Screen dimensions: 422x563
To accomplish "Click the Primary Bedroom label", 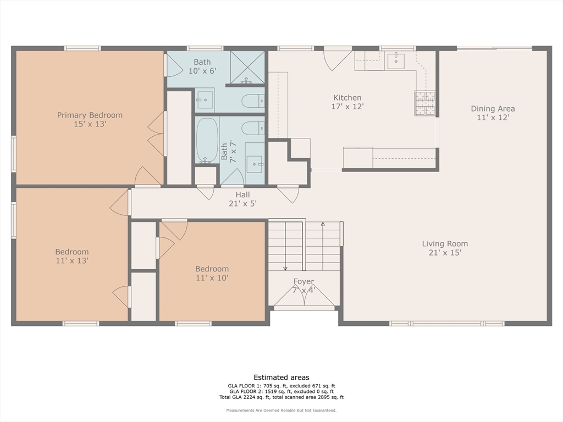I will pos(90,120).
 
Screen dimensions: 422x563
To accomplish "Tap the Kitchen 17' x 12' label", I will pos(347,102).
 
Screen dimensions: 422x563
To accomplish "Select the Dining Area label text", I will pos(493,113).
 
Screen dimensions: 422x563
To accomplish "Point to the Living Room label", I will pos(445,248).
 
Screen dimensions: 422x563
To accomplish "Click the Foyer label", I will pos(303,285).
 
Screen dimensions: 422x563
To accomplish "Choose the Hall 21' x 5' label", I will pos(242,199).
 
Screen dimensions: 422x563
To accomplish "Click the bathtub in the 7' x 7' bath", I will pos(207,140).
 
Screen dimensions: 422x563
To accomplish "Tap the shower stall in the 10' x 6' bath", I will pos(247,67).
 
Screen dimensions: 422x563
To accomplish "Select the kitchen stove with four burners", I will pos(424,103).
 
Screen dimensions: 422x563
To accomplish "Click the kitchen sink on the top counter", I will pos(396,61).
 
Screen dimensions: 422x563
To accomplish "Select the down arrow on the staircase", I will pos(285,267).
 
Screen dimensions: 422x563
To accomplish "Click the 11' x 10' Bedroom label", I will pos(212,273).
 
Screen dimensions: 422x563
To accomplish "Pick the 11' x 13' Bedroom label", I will pos(71,256).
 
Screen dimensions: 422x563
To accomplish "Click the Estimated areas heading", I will pos(281,377).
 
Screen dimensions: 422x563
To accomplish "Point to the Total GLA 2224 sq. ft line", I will pos(281,397).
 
